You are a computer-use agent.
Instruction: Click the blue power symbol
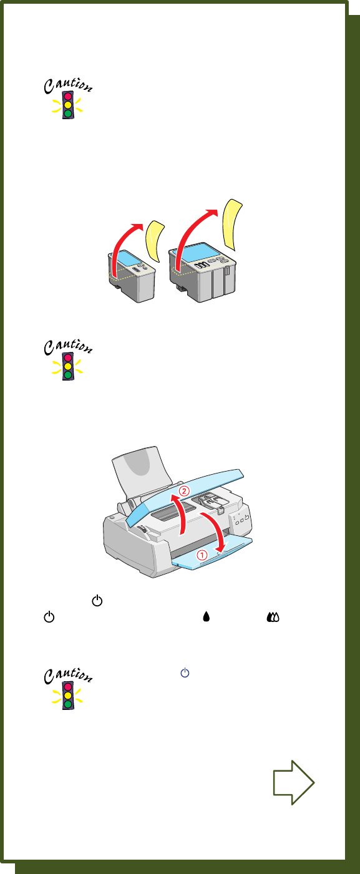coord(185,672)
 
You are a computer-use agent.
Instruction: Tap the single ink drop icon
coord(207,616)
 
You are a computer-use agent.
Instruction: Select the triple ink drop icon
coord(273,616)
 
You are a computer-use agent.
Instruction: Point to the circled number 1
coord(202,554)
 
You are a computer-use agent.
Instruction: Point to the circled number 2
coord(184,491)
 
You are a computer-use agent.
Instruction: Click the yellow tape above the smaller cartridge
coord(155,241)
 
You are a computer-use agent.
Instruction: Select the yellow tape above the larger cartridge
coord(231,225)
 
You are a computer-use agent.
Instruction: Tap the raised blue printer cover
coord(186,495)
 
